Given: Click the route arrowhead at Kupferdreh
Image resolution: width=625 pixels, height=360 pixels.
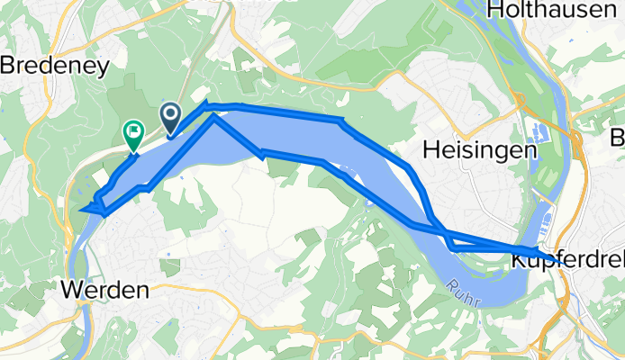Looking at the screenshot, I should point(535,252).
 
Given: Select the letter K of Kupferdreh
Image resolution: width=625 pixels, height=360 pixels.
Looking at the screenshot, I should point(519,259).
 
